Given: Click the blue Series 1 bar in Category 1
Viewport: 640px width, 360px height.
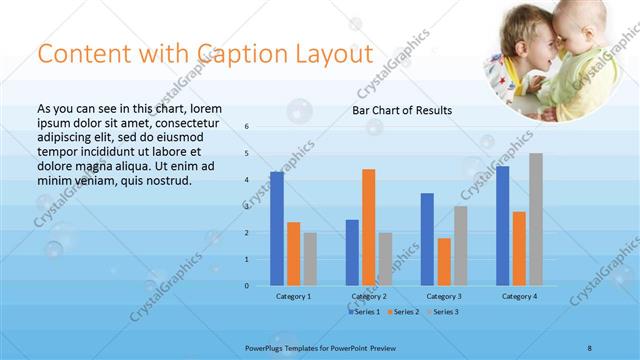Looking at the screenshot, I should click(276, 229).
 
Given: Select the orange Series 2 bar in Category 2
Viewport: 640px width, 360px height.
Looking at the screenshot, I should click(368, 227).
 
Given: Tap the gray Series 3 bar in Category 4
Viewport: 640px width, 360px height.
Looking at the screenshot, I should click(536, 219).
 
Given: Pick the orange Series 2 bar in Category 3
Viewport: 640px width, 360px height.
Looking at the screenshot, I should click(443, 262).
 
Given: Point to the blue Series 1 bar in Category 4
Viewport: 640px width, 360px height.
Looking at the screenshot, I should click(502, 226).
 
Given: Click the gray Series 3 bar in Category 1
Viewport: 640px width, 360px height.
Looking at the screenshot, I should click(310, 259).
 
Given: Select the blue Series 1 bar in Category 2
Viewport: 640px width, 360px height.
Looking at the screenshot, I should click(352, 253).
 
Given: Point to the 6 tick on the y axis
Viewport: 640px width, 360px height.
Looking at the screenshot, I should click(246, 127).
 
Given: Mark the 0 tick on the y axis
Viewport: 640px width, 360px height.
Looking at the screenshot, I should click(246, 286).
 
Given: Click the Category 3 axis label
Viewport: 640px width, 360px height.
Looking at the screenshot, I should click(443, 297).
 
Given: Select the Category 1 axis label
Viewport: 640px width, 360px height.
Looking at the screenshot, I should click(293, 297).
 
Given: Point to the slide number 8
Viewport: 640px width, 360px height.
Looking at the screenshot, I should click(590, 347).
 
